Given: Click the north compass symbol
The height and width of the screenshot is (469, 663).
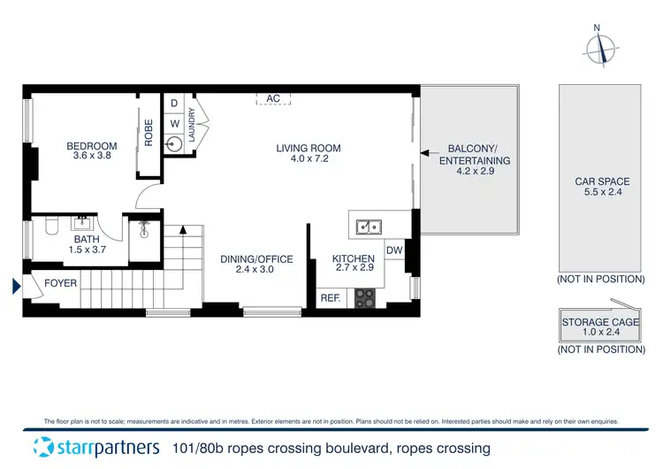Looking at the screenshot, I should pyautogui.click(x=602, y=48).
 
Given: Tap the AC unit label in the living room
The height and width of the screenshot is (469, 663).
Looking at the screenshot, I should pyautogui.click(x=273, y=99).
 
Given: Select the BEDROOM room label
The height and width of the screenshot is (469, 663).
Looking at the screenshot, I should pyautogui.click(x=92, y=147).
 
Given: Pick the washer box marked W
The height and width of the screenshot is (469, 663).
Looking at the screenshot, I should pyautogui.click(x=174, y=123).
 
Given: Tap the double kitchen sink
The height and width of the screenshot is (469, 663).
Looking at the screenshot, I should pyautogui.click(x=370, y=227).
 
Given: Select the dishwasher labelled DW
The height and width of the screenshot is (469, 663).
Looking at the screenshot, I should pyautogui.click(x=394, y=250).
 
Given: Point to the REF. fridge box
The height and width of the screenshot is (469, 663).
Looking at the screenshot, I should pyautogui.click(x=331, y=298).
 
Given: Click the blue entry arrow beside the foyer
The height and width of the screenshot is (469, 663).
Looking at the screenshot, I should pyautogui.click(x=15, y=286).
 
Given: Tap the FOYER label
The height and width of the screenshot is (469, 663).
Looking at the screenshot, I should pyautogui.click(x=60, y=283).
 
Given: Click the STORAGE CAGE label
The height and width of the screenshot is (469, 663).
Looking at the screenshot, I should pyautogui.click(x=601, y=323).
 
